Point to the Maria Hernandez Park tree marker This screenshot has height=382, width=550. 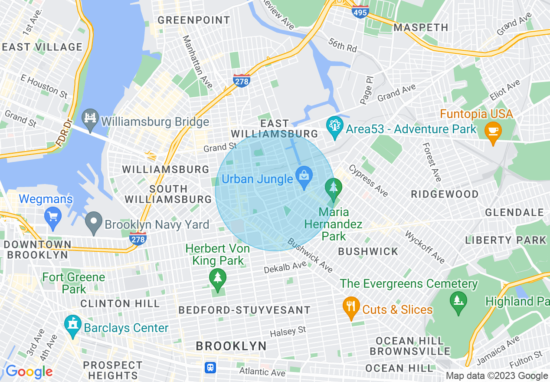pyautogui.click(x=333, y=189)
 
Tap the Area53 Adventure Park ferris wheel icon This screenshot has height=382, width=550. pyautogui.click(x=334, y=127)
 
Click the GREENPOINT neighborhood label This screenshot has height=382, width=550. pyautogui.click(x=194, y=20)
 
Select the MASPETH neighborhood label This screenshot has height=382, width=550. pyautogui.click(x=421, y=27)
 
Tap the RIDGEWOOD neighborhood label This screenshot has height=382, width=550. pyautogui.click(x=445, y=194)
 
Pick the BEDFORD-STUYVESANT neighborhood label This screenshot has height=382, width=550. pyautogui.click(x=245, y=310)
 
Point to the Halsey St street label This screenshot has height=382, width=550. pyautogui.click(x=288, y=332)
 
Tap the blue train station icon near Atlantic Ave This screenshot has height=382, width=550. pyautogui.click(x=211, y=368)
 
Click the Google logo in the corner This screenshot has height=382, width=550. pyautogui.click(x=29, y=372)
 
